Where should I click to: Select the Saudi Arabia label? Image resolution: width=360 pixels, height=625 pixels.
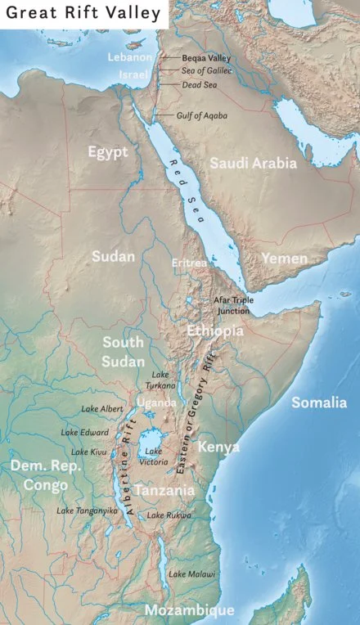[x=253, y=163]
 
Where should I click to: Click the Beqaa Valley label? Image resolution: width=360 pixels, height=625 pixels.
[x=205, y=58]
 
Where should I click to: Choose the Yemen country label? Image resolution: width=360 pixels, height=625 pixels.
[x=284, y=259]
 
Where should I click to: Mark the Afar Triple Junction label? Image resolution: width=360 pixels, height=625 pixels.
[x=233, y=305]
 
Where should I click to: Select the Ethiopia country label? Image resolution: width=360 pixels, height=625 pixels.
[x=214, y=331]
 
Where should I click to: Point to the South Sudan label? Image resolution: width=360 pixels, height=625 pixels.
[x=123, y=350]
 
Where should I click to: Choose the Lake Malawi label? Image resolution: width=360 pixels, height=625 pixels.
[x=192, y=574]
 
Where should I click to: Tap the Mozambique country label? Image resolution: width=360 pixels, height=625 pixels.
[x=189, y=610]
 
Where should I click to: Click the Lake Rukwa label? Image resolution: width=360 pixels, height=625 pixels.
[x=169, y=515]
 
